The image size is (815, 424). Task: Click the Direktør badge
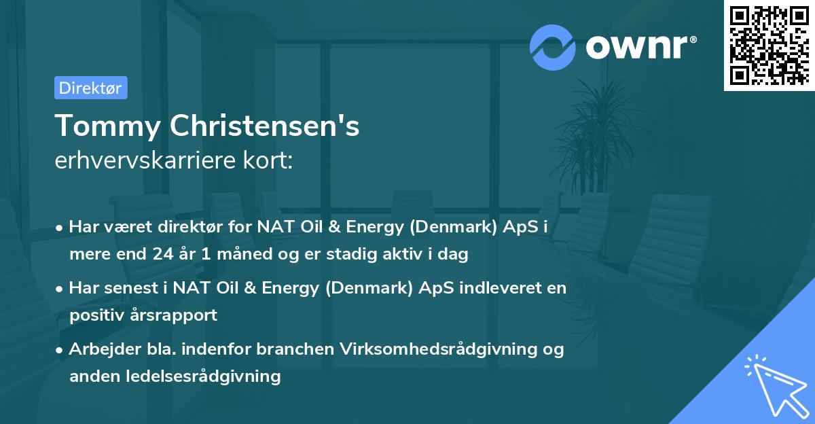tap(90, 88)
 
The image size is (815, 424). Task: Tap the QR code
tap(768, 46)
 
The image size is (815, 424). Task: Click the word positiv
tap(96, 315)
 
